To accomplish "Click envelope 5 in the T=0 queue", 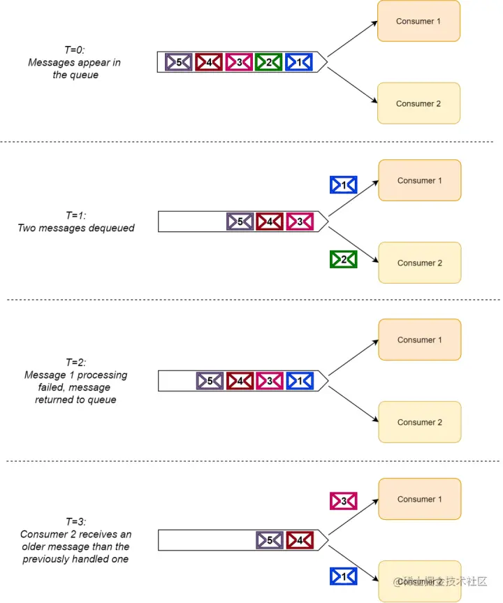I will [x=179, y=62].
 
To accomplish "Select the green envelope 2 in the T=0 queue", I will [x=269, y=62].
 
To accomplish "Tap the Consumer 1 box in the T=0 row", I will [x=418, y=21].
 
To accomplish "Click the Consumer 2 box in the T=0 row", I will [x=418, y=103].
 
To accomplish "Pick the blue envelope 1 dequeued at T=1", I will [x=344, y=184].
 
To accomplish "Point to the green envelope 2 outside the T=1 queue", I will [x=344, y=259].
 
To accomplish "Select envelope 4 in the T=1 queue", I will [x=270, y=221].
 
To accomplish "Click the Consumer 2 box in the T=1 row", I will [x=419, y=263].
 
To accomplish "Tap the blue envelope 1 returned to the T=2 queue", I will [x=300, y=381].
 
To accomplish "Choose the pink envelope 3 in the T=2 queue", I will [x=270, y=381].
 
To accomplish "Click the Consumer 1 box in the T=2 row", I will [x=419, y=340].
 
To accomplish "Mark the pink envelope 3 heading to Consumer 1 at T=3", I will [x=344, y=500].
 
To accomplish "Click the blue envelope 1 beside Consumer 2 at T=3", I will [x=344, y=576].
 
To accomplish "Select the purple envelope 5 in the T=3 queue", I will [x=270, y=540].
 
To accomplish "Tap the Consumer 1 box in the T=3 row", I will [x=419, y=499].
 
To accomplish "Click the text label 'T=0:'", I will [x=74, y=50].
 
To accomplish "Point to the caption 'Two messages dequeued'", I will [x=76, y=228].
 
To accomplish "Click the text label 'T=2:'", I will [x=75, y=362].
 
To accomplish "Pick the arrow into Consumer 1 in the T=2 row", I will [x=353, y=357].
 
